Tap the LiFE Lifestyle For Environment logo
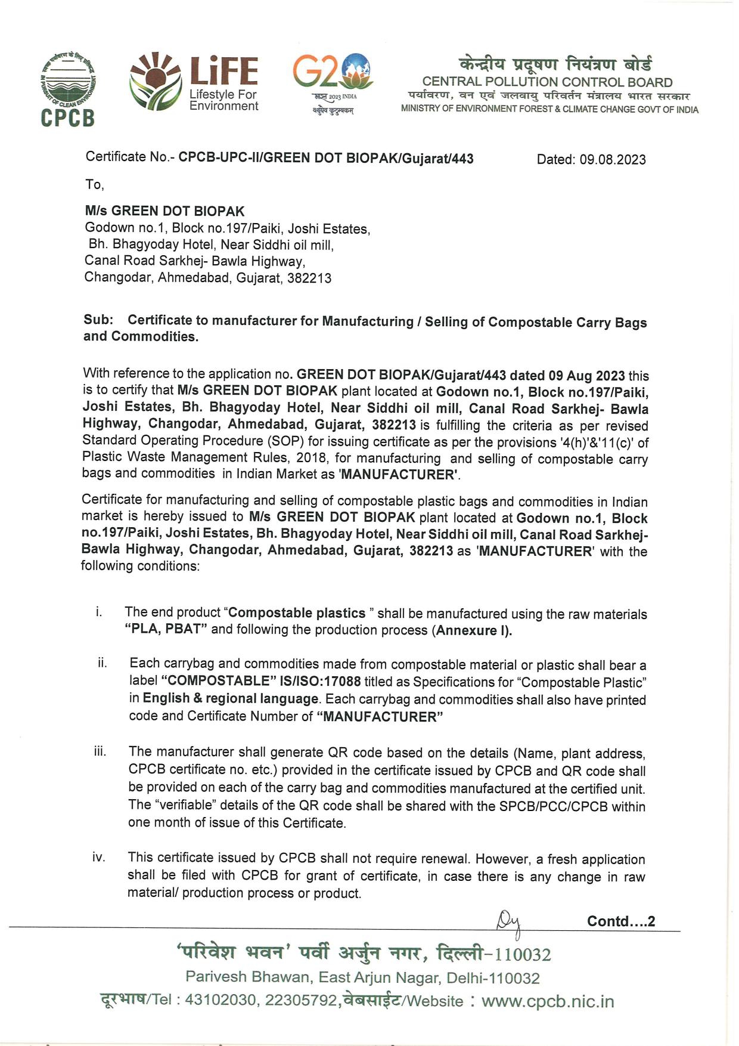tap(194, 83)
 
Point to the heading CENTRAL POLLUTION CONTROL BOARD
tap(547, 82)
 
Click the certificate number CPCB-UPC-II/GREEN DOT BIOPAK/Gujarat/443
tap(326, 158)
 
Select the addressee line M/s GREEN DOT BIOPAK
tap(164, 211)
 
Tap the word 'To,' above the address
tap(94, 185)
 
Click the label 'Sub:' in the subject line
tap(98, 320)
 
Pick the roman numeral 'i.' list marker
tap(98, 612)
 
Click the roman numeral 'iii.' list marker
tap(100, 751)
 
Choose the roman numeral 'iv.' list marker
tap(99, 858)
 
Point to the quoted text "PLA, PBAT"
tap(166, 630)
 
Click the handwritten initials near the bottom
tap(509, 924)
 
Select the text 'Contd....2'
tap(621, 921)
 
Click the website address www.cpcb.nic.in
tap(547, 1001)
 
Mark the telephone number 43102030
tap(220, 1000)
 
